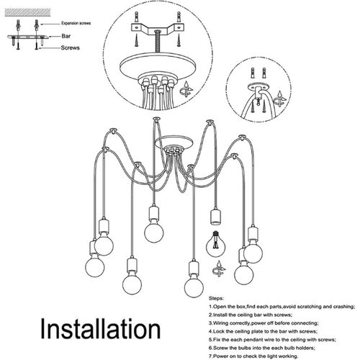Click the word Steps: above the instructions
click(217, 297)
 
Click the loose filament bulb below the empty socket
click(214, 244)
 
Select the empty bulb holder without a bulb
click(213, 217)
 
